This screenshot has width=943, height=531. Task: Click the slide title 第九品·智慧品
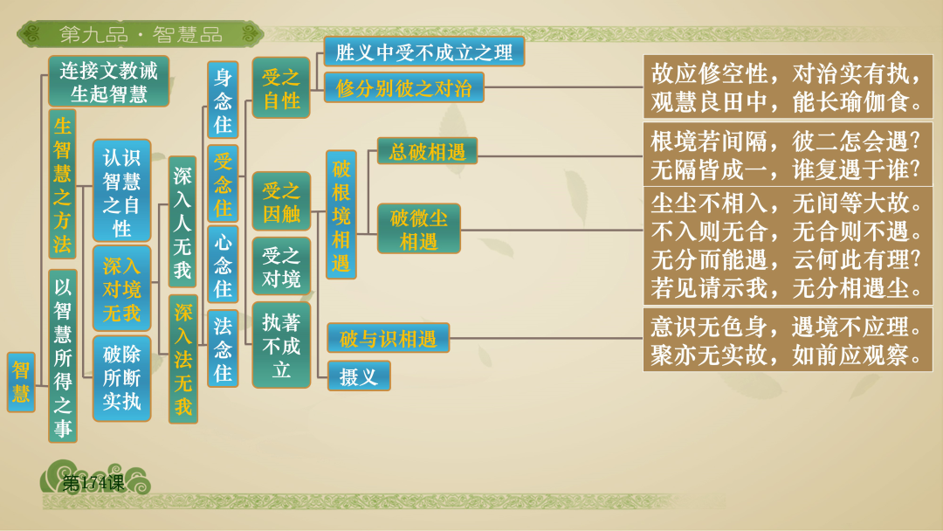(x=140, y=35)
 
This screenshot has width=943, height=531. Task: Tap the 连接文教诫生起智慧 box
(x=108, y=81)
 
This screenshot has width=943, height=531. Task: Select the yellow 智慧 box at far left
(x=21, y=382)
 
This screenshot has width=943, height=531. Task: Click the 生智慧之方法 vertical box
(x=62, y=183)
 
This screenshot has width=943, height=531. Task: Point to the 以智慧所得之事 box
(x=62, y=355)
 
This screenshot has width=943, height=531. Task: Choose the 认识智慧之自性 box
(x=121, y=191)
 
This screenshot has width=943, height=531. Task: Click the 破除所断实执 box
(x=121, y=378)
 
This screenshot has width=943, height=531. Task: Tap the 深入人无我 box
(x=182, y=222)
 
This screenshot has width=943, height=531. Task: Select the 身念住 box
(x=223, y=100)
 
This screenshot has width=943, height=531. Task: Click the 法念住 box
(x=223, y=348)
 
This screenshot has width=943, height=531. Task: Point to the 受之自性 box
(x=281, y=88)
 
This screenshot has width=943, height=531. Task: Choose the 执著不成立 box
(x=281, y=345)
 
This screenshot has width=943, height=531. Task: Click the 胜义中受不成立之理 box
(x=423, y=52)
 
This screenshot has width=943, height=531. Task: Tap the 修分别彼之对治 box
(x=403, y=88)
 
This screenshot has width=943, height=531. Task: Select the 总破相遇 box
(x=427, y=151)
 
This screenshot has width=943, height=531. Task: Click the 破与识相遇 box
(x=388, y=338)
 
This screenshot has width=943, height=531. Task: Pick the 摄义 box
(x=359, y=376)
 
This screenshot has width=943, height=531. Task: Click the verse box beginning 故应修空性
(x=788, y=87)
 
